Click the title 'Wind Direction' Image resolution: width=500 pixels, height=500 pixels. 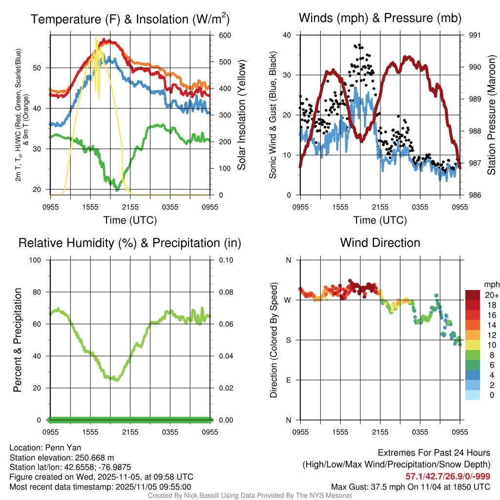pos(380,243)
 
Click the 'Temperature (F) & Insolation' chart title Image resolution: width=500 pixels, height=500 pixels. pos(130,20)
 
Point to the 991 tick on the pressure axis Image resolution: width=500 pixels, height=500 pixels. pos(475,35)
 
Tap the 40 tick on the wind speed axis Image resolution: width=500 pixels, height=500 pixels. pos(287,35)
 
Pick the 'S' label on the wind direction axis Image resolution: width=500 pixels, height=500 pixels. pos(288,340)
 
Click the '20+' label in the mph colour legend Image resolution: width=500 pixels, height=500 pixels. pos(491,295)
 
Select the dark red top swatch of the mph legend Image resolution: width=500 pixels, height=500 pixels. pos(473,295)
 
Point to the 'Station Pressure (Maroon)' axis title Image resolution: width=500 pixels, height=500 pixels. pos(492,115)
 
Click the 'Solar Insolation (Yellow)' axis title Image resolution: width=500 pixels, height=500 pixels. pos(241,115)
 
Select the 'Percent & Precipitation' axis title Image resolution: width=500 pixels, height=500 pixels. pos(18,340)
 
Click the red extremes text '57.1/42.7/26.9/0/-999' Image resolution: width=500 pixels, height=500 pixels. pos(448,476)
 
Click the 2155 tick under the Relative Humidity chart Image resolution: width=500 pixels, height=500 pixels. pos(130,433)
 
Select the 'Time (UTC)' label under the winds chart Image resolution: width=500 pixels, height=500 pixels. pos(380,220)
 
